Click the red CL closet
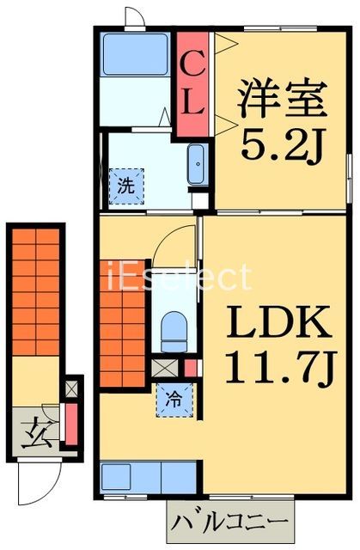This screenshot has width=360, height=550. coord(192,84)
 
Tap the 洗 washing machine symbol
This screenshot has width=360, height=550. coord(125,184)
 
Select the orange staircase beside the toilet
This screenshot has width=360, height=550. coord(123,322)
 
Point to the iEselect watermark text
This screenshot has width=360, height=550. coord(180,277)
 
